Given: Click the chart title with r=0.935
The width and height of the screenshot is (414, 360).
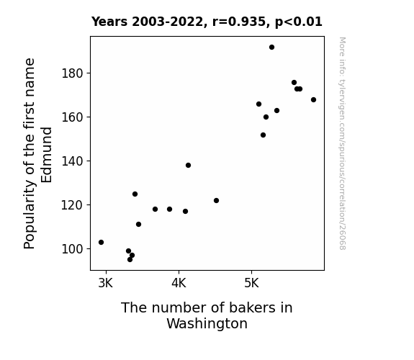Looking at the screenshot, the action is click(x=207, y=22).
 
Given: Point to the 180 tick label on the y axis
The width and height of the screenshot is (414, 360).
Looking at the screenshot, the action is click(x=73, y=73).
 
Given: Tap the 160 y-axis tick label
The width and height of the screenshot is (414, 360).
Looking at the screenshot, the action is click(x=73, y=117).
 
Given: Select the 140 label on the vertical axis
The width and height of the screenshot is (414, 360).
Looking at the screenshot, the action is click(x=73, y=161).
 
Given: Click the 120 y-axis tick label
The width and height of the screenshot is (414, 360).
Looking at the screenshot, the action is click(x=73, y=205).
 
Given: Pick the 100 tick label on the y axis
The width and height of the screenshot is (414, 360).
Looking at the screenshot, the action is click(x=73, y=249).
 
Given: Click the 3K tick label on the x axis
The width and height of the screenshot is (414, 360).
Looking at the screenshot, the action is click(x=106, y=284).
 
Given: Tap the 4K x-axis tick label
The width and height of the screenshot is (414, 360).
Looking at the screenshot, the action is click(x=179, y=284).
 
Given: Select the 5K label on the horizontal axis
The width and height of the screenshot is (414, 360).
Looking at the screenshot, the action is click(x=251, y=284).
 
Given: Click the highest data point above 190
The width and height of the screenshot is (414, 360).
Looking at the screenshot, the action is click(x=271, y=48).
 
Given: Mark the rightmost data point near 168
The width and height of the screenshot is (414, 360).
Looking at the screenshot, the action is click(x=313, y=100).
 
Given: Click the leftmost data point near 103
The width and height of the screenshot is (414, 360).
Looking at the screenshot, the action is click(x=101, y=242).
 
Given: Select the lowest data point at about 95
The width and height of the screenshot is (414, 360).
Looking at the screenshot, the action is click(x=130, y=260).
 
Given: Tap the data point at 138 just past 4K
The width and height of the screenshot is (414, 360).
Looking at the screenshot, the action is click(x=188, y=166).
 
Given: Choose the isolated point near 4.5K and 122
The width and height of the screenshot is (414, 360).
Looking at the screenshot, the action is click(x=216, y=200).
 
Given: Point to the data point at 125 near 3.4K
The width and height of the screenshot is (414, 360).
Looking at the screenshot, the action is click(x=135, y=194).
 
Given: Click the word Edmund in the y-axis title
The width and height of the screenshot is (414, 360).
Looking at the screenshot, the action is click(x=47, y=155).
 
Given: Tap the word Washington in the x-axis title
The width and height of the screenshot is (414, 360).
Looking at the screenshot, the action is click(x=207, y=323).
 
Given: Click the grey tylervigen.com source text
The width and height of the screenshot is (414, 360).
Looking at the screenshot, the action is click(x=342, y=143).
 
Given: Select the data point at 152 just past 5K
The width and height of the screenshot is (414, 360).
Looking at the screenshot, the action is click(x=264, y=135).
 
